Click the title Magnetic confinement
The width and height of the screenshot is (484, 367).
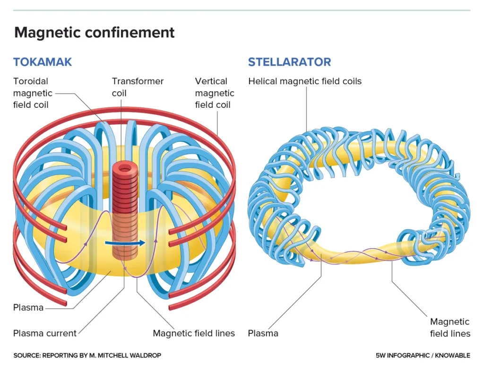pyautogui.click(x=95, y=33)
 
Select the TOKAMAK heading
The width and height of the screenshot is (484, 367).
pyautogui.click(x=43, y=62)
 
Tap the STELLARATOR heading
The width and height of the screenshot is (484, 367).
pyautogui.click(x=289, y=62)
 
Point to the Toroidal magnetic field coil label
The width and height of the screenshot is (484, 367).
pyautogui.click(x=33, y=93)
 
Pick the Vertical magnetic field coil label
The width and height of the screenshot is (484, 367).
pyautogui.click(x=214, y=93)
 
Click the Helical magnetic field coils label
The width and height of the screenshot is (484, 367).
pyautogui.click(x=304, y=81)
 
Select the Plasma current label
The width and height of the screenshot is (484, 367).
pyautogui.click(x=44, y=333)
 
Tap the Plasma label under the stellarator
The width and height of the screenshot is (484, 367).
pyautogui.click(x=263, y=333)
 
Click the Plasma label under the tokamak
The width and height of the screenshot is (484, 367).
pyautogui.click(x=28, y=307)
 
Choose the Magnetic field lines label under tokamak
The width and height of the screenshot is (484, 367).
pyautogui.click(x=194, y=333)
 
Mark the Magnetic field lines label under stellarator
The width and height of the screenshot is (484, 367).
pyautogui.click(x=450, y=327)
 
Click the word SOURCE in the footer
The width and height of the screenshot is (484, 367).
pyautogui.click(x=26, y=355)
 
